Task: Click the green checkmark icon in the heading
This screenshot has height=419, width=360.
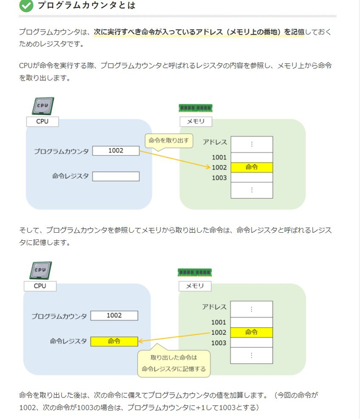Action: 27,5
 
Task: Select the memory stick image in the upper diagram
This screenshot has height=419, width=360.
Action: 196,108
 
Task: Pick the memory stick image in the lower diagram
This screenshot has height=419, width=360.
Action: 195,272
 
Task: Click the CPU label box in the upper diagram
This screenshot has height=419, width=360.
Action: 42,122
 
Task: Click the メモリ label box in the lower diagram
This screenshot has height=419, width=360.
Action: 195,286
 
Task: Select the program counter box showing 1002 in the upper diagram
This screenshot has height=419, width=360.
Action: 116,151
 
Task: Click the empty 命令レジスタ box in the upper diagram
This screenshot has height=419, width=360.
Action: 116,176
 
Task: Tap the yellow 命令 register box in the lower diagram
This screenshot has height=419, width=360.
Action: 114,341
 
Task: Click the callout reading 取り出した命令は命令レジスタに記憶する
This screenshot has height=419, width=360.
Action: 173,363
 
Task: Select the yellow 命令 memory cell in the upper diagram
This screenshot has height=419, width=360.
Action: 252,167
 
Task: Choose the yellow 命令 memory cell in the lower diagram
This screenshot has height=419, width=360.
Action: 252,333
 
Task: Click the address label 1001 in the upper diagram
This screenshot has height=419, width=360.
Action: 219,158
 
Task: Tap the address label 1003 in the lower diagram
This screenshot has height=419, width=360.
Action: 219,343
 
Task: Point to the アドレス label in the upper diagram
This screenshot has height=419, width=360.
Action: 215,142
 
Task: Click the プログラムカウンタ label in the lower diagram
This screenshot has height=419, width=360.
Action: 59,316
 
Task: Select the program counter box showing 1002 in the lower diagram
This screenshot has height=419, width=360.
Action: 114,315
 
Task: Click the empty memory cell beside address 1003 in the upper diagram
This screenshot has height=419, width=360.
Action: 252,177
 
